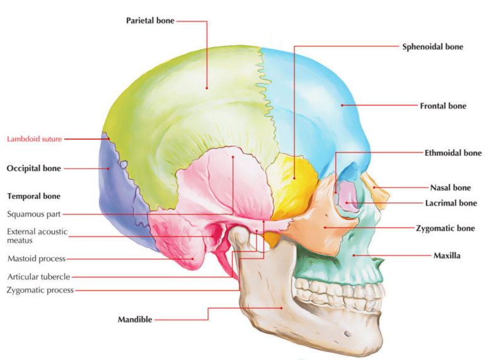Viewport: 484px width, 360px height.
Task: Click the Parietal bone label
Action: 149,21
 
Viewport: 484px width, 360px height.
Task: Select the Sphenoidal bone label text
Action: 432,47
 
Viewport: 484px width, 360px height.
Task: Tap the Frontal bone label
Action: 443,106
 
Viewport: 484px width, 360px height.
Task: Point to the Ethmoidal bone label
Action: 452,153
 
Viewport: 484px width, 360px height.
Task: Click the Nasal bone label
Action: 450,187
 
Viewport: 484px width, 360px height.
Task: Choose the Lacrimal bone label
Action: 450,203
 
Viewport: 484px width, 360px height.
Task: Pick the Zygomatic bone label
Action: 445,228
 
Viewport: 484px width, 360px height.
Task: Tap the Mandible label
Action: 135,320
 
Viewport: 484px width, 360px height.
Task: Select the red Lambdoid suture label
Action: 34,139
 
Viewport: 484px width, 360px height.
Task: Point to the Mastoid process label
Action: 37,258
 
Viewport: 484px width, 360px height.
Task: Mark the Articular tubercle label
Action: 38,276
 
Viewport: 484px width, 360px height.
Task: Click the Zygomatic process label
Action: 40,290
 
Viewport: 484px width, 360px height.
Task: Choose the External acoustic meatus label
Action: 37,236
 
